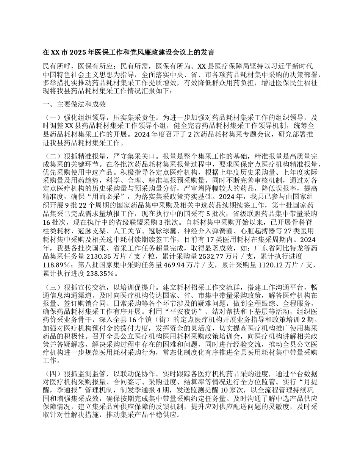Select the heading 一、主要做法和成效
[x=74, y=104]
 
